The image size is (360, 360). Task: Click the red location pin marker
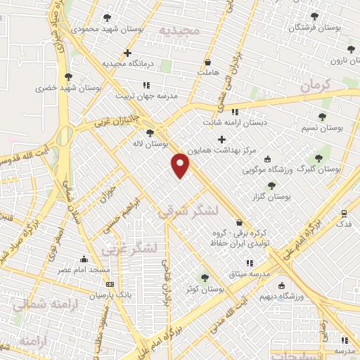coord(181,165)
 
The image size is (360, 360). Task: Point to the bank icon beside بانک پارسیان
coord(109,284)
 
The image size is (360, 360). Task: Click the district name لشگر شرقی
coord(188,210)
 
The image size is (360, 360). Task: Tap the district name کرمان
coord(316,86)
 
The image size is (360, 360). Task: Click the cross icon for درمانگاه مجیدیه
coord(127,53)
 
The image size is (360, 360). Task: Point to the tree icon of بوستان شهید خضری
coord(68,77)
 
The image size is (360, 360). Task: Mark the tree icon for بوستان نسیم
coord(323,117)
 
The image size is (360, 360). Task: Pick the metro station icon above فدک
coord(344,213)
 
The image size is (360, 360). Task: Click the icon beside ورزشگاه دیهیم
coord(281,286)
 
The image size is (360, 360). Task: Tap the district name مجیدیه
coord(179,32)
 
